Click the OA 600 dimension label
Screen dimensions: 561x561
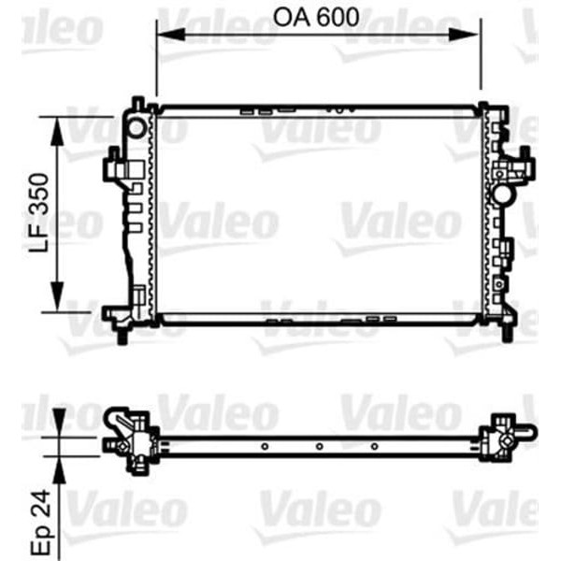tap(317, 18)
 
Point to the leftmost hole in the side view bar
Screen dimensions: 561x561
tap(266, 445)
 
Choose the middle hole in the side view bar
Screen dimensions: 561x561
tap(319, 445)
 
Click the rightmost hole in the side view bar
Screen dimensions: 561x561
tap(374, 445)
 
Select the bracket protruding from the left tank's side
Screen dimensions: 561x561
tap(112, 170)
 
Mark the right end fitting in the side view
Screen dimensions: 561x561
tap(505, 435)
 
